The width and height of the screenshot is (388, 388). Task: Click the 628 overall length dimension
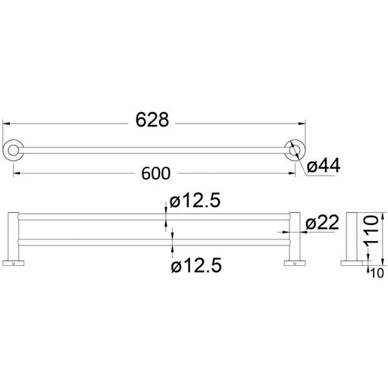click(152, 120)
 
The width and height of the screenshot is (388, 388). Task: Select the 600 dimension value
click(155, 174)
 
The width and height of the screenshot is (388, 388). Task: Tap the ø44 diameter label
click(324, 166)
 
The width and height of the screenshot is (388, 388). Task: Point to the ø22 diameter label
click(322, 222)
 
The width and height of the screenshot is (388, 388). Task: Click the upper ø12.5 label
click(195, 201)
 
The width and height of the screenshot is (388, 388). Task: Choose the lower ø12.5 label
click(196, 265)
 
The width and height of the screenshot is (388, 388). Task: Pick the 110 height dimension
click(371, 230)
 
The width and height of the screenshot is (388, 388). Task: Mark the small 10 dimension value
click(377, 273)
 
